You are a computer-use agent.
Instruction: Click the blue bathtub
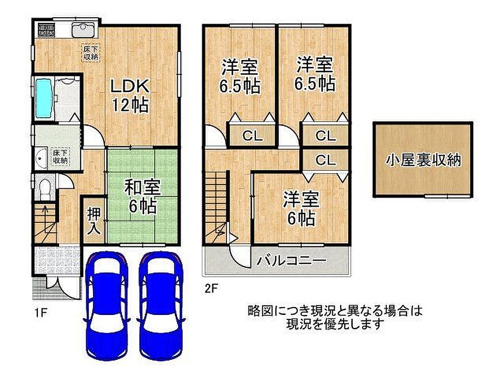[x=44, y=98]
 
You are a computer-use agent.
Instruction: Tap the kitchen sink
[x=83, y=31]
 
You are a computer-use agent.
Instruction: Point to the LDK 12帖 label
[x=130, y=95]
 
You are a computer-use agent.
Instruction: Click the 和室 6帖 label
[x=142, y=197]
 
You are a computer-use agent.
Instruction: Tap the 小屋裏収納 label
[x=423, y=160]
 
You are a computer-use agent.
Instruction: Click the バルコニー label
[x=291, y=260]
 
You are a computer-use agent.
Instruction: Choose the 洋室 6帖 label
[x=301, y=208]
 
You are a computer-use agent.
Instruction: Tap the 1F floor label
[x=41, y=313]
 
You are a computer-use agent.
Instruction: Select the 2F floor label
[x=212, y=288]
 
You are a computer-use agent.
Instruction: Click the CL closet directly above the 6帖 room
[x=325, y=160]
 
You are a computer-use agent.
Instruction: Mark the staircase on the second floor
[x=217, y=207]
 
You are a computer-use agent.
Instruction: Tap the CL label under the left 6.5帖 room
[x=252, y=136]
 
